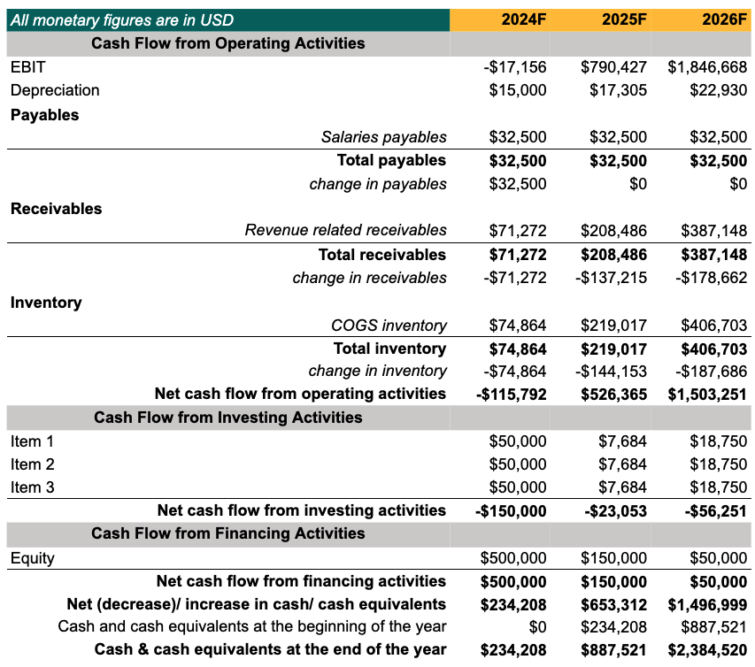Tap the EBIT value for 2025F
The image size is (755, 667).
614,67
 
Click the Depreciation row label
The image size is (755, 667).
55,90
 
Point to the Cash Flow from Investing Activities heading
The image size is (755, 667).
227,418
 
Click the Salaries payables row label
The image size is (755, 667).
383,137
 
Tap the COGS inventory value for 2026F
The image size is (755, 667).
714,326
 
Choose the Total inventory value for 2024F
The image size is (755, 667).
518,349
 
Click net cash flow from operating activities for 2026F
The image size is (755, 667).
708,394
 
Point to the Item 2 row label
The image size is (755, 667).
33,464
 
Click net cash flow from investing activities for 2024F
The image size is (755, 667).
511,510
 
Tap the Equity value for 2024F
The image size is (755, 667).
513,558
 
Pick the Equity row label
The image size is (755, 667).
33,558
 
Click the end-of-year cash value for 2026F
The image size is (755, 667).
708,650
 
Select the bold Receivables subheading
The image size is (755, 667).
56,209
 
